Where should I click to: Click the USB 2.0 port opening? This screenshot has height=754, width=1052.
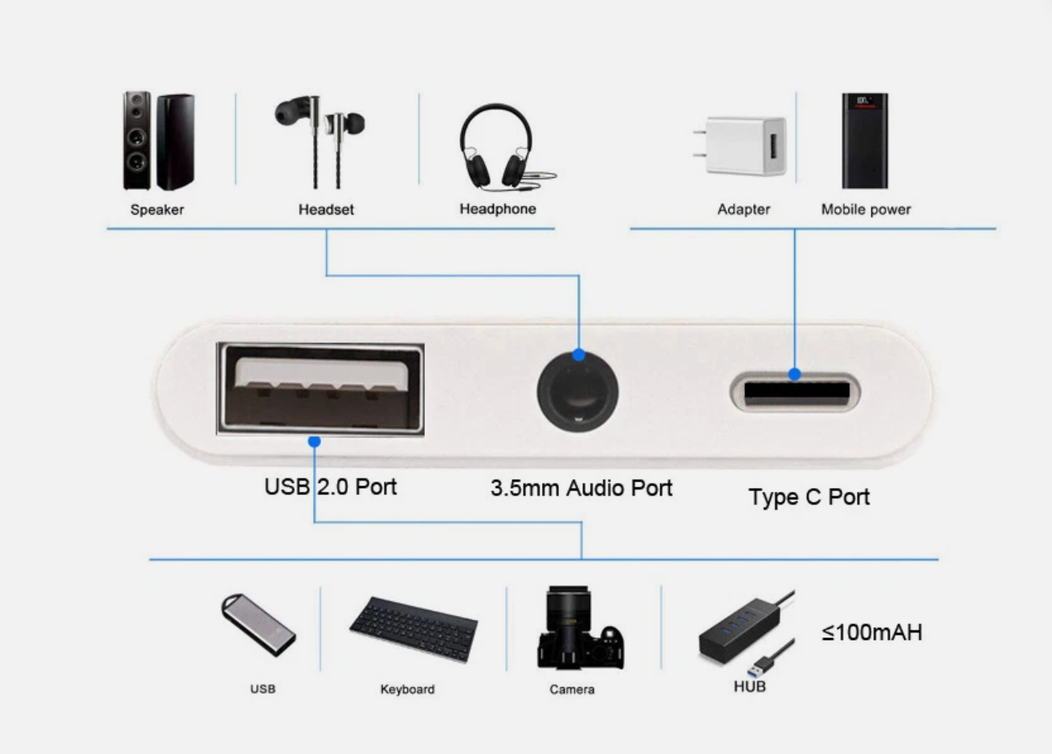click(320, 389)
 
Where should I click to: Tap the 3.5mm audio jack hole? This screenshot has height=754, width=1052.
click(577, 391)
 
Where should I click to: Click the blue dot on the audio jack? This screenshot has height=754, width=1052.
click(579, 355)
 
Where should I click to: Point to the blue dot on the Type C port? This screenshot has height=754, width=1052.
click(795, 374)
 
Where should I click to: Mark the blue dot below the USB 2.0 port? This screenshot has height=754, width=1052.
click(314, 441)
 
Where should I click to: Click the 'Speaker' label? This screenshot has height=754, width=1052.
click(157, 210)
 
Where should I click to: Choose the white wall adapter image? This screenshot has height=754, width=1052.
click(740, 145)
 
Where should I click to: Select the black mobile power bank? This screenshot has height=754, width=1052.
click(865, 141)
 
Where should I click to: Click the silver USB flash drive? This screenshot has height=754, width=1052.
click(258, 625)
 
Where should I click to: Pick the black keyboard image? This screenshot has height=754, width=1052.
click(414, 629)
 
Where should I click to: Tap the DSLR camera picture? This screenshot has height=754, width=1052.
click(580, 628)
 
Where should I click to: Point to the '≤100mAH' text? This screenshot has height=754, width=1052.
click(871, 633)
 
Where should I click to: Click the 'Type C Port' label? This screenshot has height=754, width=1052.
click(809, 498)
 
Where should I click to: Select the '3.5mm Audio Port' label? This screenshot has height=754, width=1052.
click(581, 488)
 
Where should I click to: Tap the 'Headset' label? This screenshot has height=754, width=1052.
click(326, 210)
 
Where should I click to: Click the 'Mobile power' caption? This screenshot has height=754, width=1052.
click(866, 210)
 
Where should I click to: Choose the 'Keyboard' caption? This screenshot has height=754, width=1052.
click(407, 689)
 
